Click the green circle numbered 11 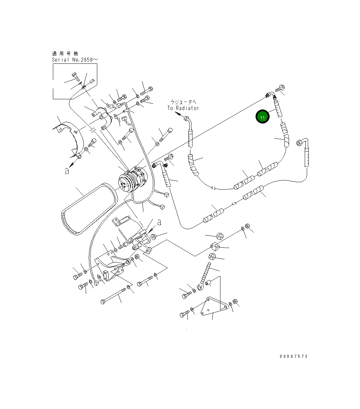click(262, 117)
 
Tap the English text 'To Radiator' click(183, 108)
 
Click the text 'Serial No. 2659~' click(75, 60)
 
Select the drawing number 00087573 click(293, 356)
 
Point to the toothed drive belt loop click(88, 209)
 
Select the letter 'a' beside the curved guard click(67, 171)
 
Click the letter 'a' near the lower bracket click(159, 222)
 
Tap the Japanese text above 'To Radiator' click(183, 102)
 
